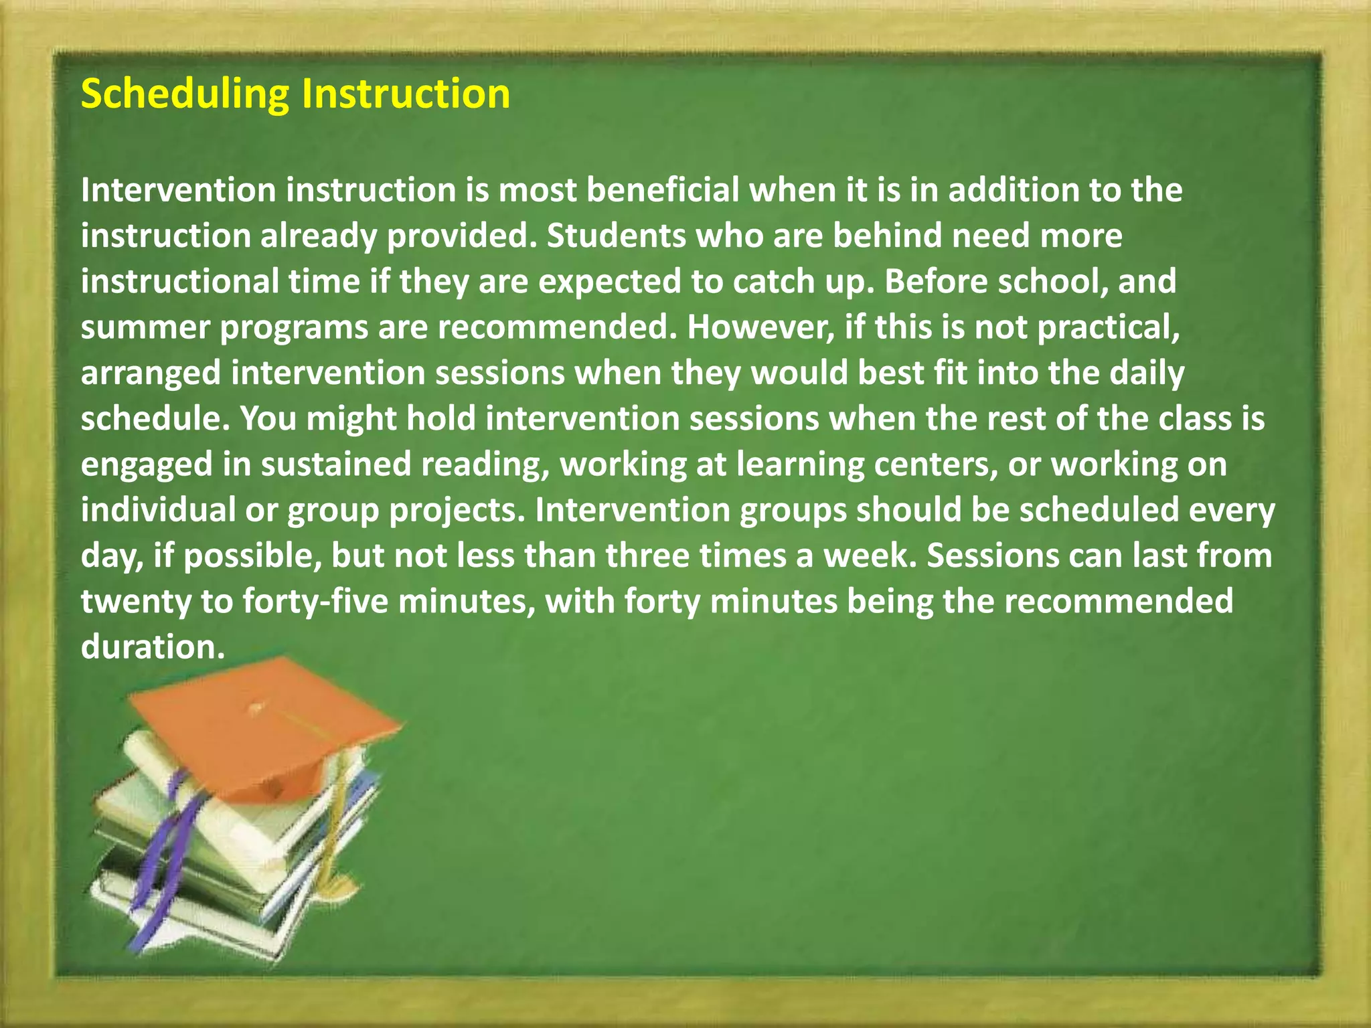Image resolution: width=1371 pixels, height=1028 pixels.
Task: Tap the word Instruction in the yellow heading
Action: (406, 94)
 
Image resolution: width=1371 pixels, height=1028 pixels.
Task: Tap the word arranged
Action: (151, 373)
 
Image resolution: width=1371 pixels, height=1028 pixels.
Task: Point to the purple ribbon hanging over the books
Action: (167, 863)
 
